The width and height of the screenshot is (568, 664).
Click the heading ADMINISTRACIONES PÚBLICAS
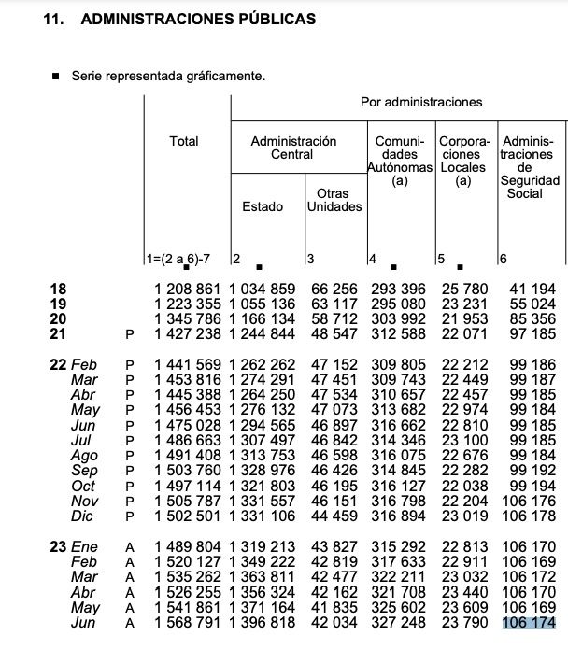pyautogui.click(x=199, y=19)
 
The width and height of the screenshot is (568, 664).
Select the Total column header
pyautogui.click(x=184, y=141)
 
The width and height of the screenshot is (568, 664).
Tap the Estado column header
pyautogui.click(x=263, y=206)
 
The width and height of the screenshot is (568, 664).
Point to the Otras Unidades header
pyautogui.click(x=334, y=200)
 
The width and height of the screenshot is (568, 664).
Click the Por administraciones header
pyautogui.click(x=421, y=101)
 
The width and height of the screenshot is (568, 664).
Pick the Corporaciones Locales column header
pyautogui.click(x=462, y=162)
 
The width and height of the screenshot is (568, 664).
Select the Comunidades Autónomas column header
pyautogui.click(x=401, y=162)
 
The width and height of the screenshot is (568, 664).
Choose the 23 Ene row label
pyautogui.click(x=75, y=547)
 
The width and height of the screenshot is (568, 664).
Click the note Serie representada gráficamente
pyautogui.click(x=168, y=76)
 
